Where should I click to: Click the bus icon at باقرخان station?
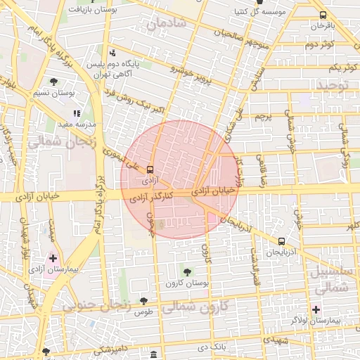coord(323,15)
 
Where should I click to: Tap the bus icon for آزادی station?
coord(150,169)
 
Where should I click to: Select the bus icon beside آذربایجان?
coord(281,240)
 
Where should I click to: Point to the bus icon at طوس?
coord(144,300)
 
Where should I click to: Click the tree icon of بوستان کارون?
coord(187,271)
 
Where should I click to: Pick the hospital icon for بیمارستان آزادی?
coord(53,258)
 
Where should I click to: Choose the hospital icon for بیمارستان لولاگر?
coord(316,309)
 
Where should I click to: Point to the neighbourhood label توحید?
coord(333,86)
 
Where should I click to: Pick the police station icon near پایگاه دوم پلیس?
coord(112,53)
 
